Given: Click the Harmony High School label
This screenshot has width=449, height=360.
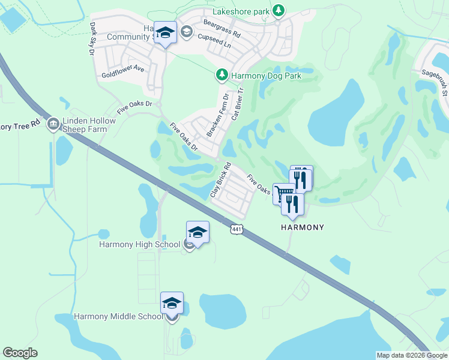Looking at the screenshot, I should coord(139,244).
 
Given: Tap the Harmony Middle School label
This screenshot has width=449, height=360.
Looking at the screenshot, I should coord(118,317).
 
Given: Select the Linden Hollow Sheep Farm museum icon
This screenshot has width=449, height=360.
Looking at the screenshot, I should coord(53,123).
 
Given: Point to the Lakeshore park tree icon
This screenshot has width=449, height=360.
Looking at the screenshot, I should coord(278,10).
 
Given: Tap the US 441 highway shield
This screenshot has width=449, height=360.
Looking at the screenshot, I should coord(237,229).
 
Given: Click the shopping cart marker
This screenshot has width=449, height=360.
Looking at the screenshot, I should coord(284,193).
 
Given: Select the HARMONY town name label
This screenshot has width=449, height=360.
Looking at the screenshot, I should coord(303,227).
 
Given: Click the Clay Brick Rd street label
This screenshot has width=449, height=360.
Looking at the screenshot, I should coord(221,181).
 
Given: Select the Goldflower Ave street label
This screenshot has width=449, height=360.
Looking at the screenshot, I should coord(123,71).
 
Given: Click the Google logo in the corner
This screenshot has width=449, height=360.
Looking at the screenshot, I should coord(20,353).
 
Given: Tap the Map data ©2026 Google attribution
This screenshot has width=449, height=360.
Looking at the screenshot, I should coord(412,355).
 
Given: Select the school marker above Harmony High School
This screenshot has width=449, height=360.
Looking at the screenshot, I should coord(197,232).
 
